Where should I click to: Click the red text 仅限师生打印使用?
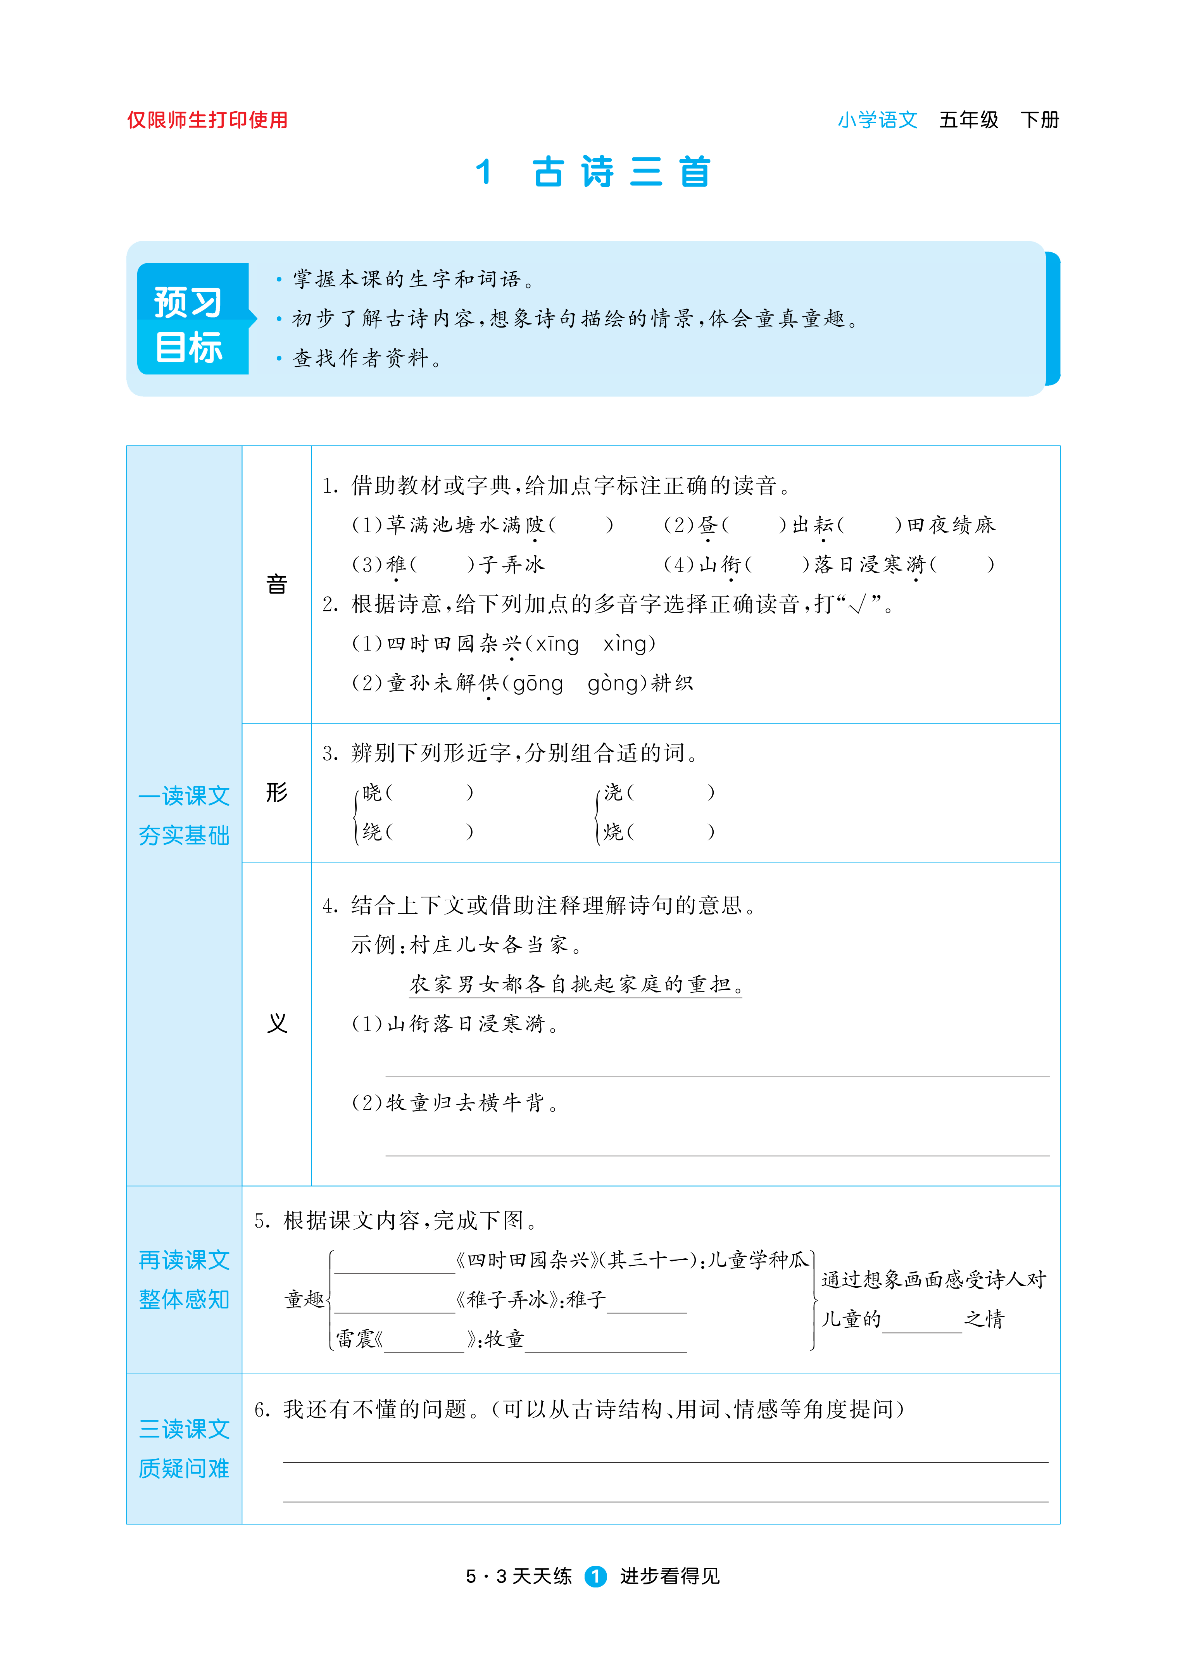(207, 120)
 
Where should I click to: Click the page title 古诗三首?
(621, 173)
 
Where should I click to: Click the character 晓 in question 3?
(372, 792)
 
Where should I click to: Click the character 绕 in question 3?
(372, 832)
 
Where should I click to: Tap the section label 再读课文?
(184, 1260)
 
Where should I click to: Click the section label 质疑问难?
(184, 1468)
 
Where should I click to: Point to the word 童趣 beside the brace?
(304, 1299)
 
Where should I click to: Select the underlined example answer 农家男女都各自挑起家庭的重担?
(575, 985)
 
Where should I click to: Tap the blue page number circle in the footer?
(596, 1577)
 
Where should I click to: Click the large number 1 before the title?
(483, 173)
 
